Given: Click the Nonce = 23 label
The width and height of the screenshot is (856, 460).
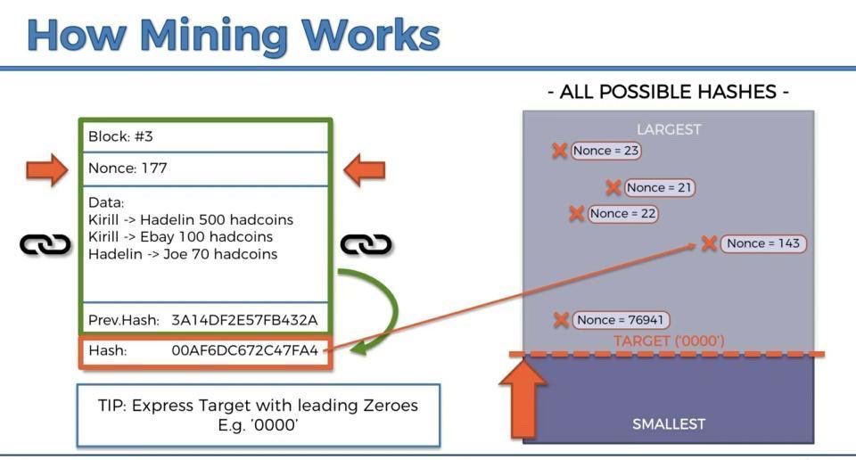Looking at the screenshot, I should [605, 151].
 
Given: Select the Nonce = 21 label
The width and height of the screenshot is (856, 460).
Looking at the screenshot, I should [659, 187].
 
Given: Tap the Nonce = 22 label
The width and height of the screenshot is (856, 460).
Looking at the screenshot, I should [622, 213].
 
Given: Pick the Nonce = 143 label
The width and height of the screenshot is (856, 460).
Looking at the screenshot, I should [763, 243].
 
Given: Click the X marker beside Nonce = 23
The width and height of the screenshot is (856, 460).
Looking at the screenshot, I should [559, 151].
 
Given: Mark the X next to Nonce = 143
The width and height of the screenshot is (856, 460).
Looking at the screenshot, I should [709, 243].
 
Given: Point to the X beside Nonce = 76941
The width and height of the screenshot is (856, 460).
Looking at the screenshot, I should [561, 320].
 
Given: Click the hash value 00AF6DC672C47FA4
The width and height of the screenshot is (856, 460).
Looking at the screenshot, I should [244, 351].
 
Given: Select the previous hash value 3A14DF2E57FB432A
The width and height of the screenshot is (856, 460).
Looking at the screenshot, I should [244, 319].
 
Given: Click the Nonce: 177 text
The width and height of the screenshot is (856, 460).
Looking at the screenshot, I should [128, 168].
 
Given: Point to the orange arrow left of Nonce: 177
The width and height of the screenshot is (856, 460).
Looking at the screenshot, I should [46, 168].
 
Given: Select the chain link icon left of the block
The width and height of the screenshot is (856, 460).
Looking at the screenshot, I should [45, 244].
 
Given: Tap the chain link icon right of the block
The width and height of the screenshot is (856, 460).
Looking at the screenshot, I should [366, 244].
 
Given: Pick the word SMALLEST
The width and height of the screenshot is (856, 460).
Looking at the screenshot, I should [669, 424].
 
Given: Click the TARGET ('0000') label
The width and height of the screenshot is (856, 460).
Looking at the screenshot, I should [669, 341].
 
